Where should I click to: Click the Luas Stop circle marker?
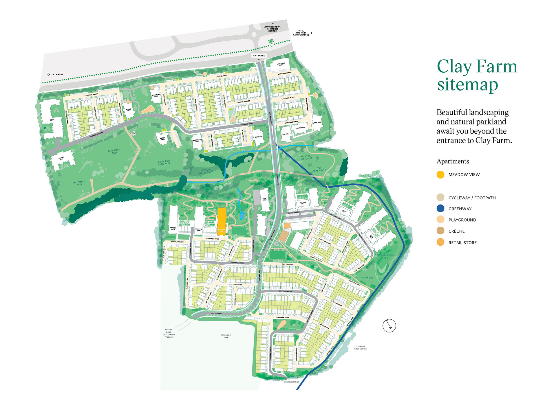(271, 45)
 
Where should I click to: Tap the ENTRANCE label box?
(259, 56)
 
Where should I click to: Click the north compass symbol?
(389, 326)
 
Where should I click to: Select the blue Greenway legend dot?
(440, 209)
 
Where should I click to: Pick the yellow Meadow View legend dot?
(440, 175)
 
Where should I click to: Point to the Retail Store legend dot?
(440, 242)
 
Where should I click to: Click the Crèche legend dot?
(440, 231)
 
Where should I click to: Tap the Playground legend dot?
(440, 220)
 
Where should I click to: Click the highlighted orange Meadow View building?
(222, 221)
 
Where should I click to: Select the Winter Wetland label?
(306, 157)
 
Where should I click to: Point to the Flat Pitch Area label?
(114, 151)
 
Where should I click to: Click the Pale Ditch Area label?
(79, 183)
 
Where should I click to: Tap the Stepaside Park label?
(226, 336)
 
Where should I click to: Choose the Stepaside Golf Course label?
(360, 347)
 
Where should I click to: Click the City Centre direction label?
(56, 74)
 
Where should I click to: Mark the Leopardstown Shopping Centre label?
(272, 29)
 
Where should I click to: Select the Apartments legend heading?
(453, 161)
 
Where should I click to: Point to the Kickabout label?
(367, 278)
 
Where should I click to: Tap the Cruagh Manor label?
(291, 382)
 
